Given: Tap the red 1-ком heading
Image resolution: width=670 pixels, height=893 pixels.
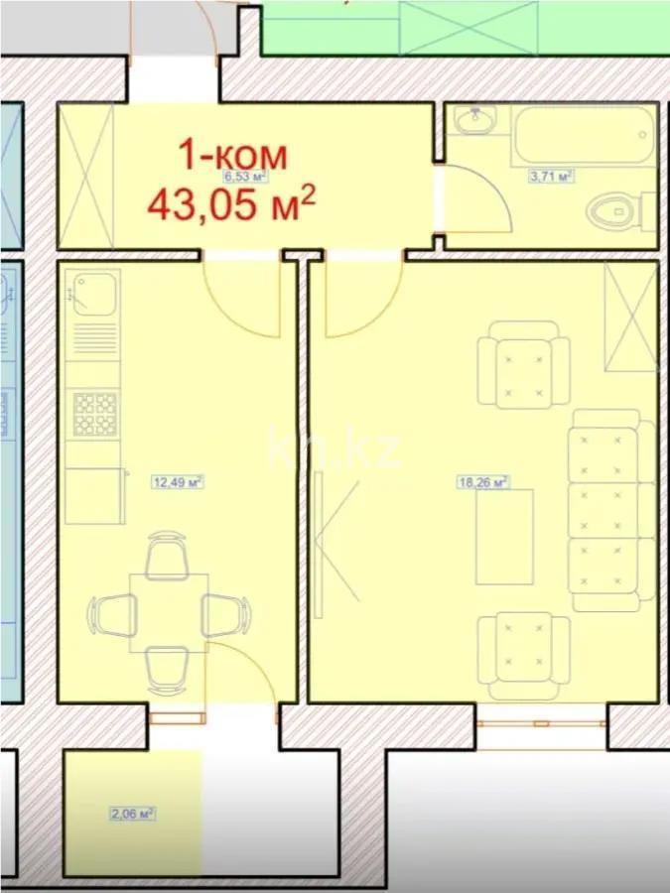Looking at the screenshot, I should click(x=232, y=156).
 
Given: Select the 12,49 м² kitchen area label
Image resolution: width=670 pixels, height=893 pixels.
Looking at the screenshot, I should click(x=177, y=483).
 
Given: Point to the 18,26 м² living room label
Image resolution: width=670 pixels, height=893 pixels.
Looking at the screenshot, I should click(x=482, y=483).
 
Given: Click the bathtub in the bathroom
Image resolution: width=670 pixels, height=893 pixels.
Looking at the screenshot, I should click(x=583, y=138).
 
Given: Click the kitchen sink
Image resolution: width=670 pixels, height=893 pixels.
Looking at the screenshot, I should click(x=95, y=292).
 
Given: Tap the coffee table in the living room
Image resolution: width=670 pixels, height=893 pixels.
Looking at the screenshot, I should click(x=504, y=537).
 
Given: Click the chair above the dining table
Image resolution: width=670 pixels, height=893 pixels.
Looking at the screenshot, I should click(x=165, y=556).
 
